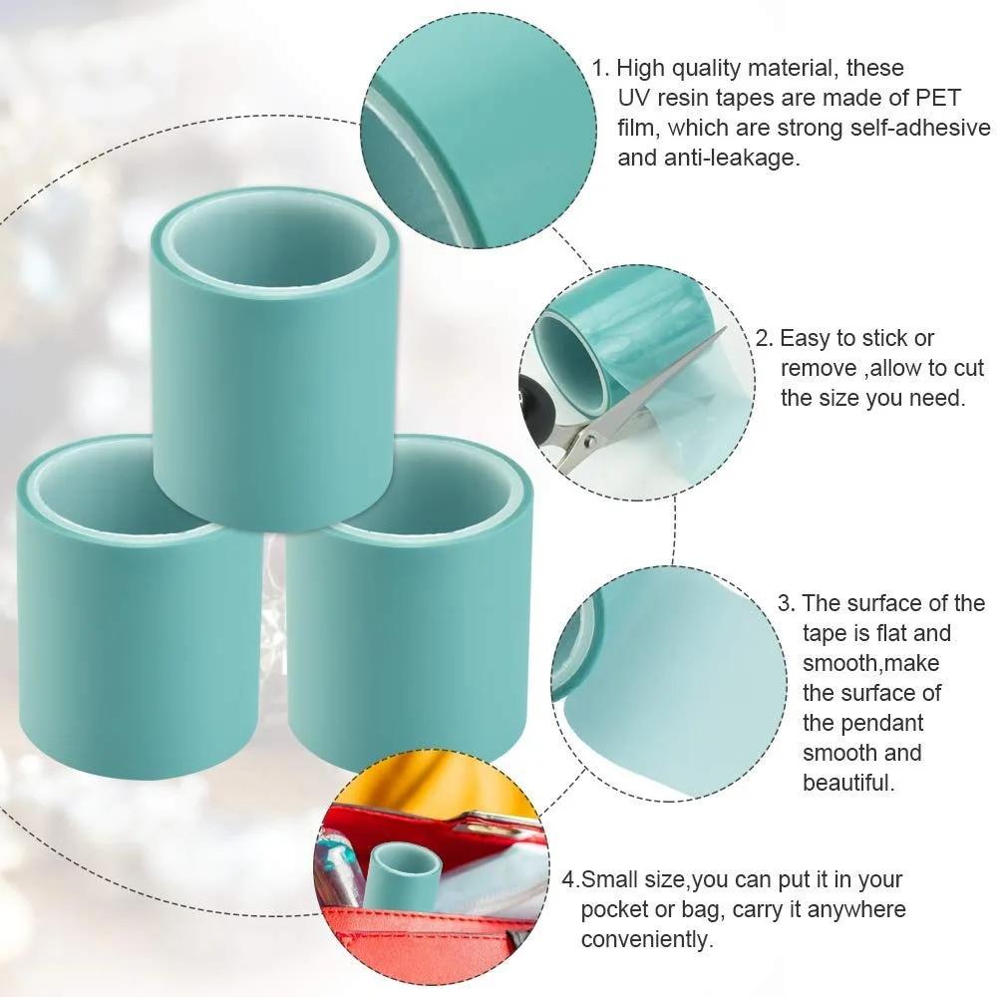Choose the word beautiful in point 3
pyautogui.click(x=848, y=782)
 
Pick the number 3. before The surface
pyautogui.click(x=786, y=602)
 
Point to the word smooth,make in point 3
pyautogui.click(x=870, y=662)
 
